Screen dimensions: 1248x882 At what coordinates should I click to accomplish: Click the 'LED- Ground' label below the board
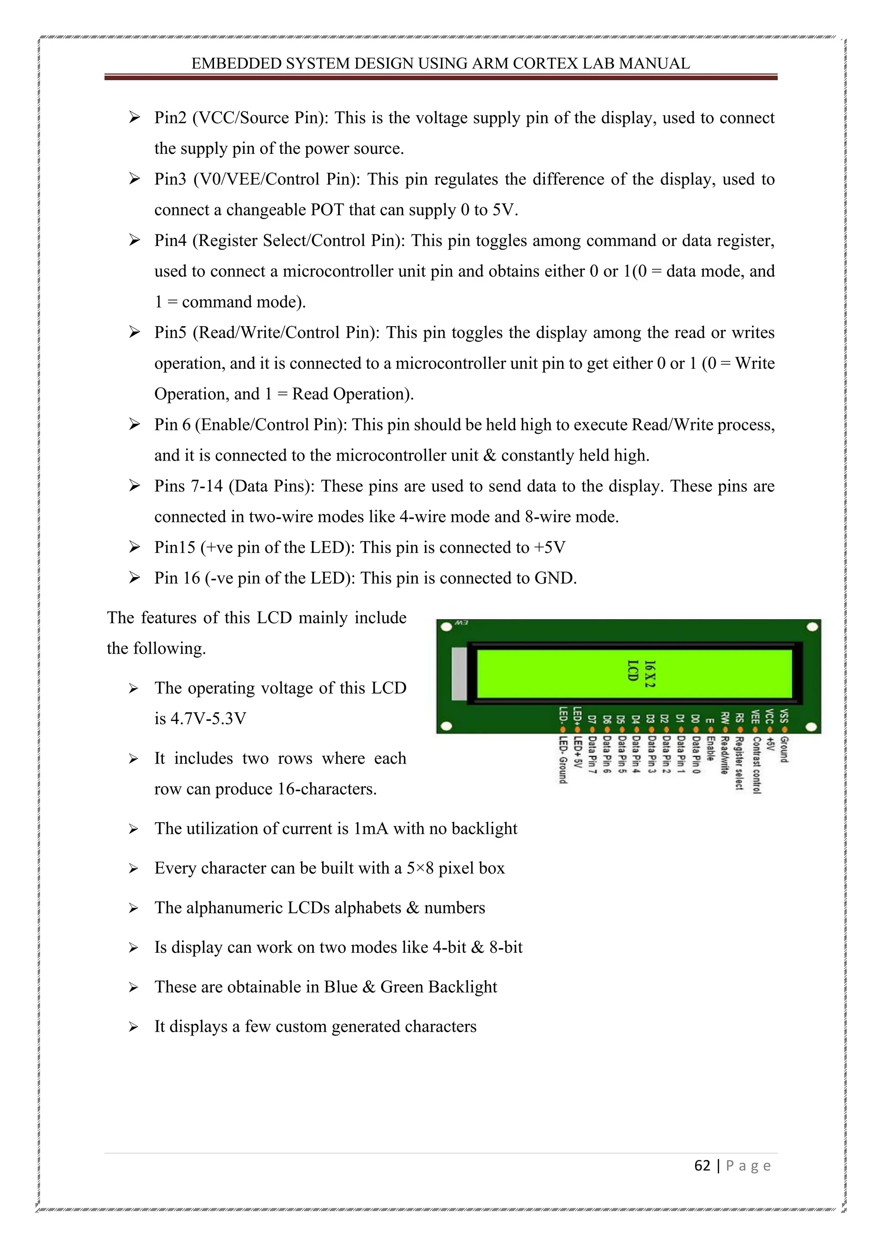tap(563, 759)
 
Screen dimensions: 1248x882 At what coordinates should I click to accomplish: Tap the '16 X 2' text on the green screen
tap(649, 674)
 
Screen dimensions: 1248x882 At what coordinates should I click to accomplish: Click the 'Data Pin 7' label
tap(592, 755)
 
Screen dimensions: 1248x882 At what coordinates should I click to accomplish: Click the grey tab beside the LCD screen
tap(460, 674)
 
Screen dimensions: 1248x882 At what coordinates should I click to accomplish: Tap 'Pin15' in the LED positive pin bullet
tap(174, 547)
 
